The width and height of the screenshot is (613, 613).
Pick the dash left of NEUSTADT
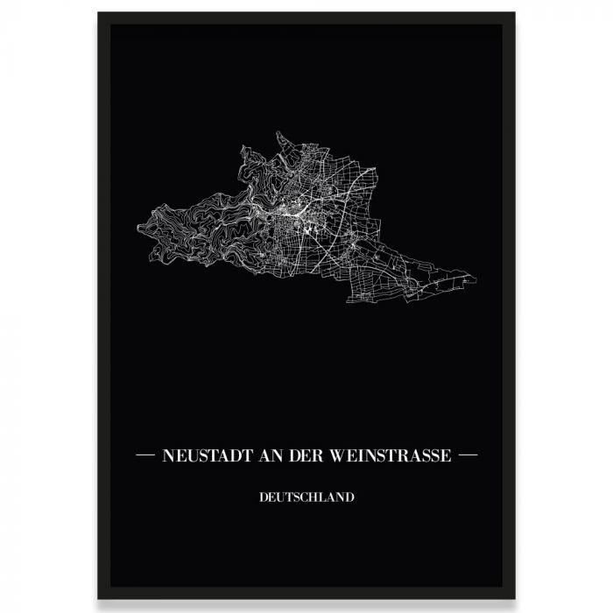tap(145, 455)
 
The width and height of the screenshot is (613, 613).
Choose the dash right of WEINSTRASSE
tap(468, 455)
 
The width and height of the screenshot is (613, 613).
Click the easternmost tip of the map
tap(476, 280)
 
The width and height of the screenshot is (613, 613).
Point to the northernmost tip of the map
tap(278, 132)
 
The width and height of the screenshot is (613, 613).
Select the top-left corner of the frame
tap(99, 13)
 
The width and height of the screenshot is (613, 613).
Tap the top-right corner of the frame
tap(514, 13)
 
